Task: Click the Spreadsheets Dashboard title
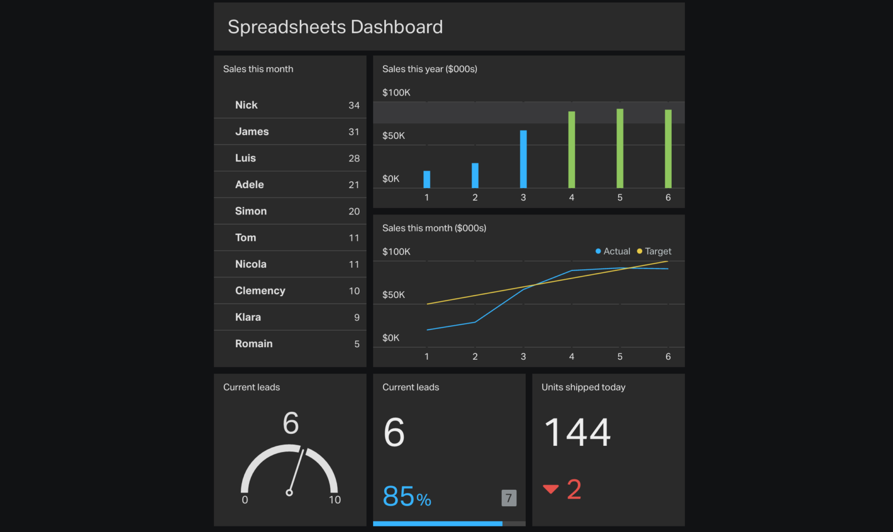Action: (335, 27)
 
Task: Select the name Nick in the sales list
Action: (246, 105)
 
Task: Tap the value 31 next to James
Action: (353, 132)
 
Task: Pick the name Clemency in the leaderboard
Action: (260, 291)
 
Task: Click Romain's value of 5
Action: (357, 344)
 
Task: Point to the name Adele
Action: (249, 185)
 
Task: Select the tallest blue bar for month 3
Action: (523, 159)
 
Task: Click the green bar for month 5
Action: (620, 148)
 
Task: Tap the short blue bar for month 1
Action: (426, 179)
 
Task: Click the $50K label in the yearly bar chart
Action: (394, 135)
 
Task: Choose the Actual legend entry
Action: (613, 251)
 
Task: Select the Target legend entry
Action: (655, 251)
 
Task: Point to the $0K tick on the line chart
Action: (391, 338)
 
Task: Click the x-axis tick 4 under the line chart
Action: (571, 356)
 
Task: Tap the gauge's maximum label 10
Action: (335, 500)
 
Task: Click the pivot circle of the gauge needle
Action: (289, 493)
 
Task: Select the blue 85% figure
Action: (406, 496)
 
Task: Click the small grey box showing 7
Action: (509, 497)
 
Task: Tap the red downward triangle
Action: (551, 489)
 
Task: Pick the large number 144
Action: (577, 432)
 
